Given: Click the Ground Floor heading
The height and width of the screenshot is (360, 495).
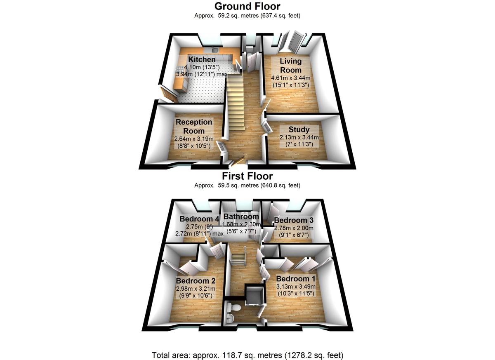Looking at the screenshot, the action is [247, 6].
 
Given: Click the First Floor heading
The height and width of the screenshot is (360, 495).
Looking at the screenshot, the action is [247, 176].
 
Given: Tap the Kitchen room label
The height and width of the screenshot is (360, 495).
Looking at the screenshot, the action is [202, 60].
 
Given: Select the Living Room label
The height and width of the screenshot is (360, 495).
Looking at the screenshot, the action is [291, 66].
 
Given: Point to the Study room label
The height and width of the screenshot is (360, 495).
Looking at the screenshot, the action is [299, 130].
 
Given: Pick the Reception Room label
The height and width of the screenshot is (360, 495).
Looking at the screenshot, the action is [194, 127].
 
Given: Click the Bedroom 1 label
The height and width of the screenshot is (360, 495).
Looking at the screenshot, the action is [296, 278].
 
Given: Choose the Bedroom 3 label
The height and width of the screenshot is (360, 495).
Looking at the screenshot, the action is [291, 220].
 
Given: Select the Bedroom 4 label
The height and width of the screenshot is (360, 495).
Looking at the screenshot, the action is [196, 219].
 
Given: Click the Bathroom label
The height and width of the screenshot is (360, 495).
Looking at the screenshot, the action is [241, 216].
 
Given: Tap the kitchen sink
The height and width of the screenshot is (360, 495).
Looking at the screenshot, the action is [214, 50].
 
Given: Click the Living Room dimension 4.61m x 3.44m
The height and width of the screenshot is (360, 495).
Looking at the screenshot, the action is [291, 78].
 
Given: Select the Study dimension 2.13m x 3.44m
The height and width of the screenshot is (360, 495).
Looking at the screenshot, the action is [299, 137].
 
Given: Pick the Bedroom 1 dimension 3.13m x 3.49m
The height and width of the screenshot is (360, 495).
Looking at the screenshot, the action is [296, 287].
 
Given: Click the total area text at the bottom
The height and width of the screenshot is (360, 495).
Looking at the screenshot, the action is [247, 355].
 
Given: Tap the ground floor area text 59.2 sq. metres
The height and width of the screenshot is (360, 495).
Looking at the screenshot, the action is [247, 16].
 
